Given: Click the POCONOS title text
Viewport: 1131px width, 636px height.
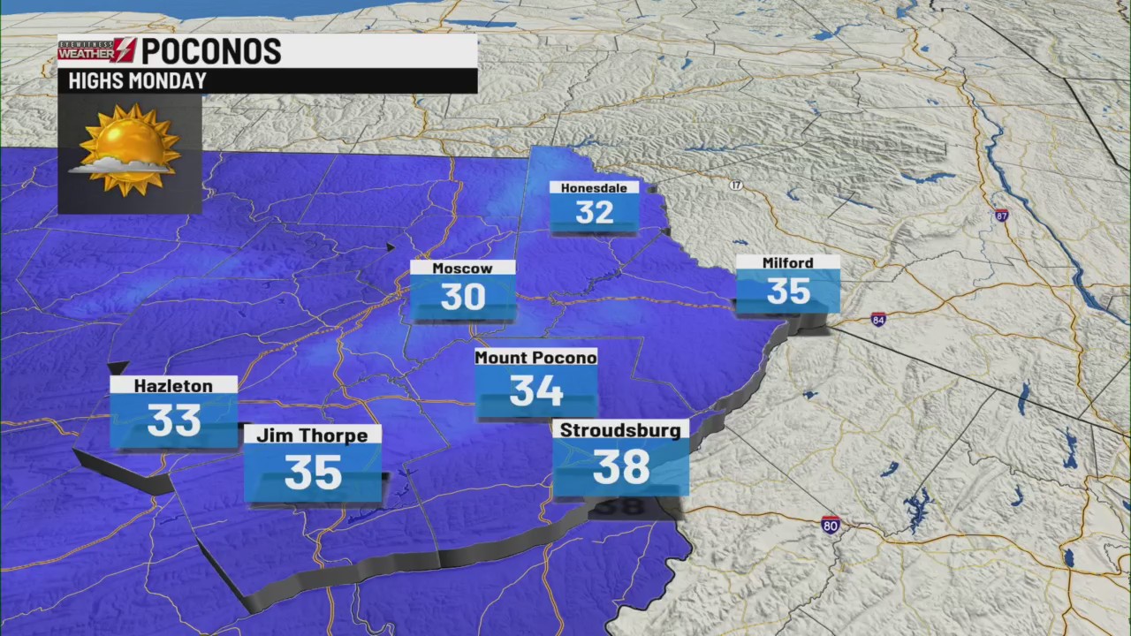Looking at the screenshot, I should click(211, 50).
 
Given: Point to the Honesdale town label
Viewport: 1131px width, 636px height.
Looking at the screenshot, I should click(594, 187).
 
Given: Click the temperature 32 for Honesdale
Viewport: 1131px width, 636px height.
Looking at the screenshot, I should click(594, 213).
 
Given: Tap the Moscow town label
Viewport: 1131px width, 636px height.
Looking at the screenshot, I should click(462, 268).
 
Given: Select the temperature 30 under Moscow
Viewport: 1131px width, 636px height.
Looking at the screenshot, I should click(462, 298).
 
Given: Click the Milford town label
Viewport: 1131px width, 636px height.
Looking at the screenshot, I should click(787, 262).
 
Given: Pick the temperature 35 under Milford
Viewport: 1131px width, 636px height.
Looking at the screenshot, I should click(787, 291).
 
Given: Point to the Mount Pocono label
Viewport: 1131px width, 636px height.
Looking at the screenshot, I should click(535, 357).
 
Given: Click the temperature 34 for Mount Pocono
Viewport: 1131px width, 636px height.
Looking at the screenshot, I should click(535, 390).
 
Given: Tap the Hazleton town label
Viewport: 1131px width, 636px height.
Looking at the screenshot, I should click(173, 385).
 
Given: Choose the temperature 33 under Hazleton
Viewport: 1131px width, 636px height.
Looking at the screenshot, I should click(173, 420).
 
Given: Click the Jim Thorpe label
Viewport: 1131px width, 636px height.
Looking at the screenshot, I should click(312, 435).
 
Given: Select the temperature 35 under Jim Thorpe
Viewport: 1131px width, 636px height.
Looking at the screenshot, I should click(313, 473).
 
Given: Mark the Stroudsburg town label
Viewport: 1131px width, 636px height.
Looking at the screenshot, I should click(620, 430).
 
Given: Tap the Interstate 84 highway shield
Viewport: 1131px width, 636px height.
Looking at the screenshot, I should click(877, 319).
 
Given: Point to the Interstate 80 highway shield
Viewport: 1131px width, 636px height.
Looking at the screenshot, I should click(830, 525).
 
